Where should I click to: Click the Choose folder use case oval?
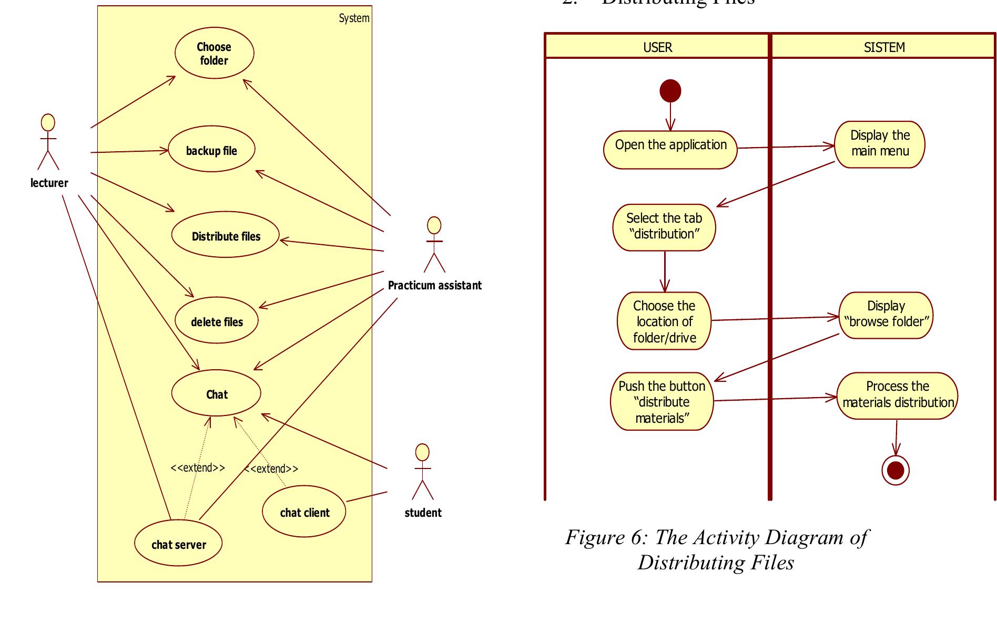click(x=214, y=54)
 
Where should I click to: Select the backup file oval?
click(x=211, y=151)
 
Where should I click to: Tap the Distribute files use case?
click(x=226, y=236)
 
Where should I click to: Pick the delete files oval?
click(x=217, y=321)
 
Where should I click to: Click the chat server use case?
click(x=178, y=544)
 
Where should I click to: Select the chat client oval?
click(x=304, y=512)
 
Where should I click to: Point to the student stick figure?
click(x=422, y=472)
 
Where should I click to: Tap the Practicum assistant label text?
click(x=434, y=285)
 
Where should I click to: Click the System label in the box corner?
click(x=353, y=18)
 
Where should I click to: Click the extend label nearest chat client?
click(x=271, y=468)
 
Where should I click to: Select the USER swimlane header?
click(x=657, y=47)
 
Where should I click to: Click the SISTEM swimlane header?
click(x=884, y=47)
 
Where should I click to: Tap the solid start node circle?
click(x=670, y=91)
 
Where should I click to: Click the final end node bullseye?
click(x=895, y=470)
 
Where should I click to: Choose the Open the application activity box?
click(x=670, y=150)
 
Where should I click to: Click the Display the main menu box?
click(x=880, y=144)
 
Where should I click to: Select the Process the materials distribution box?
click(x=897, y=395)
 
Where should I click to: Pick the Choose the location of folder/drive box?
click(x=664, y=321)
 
